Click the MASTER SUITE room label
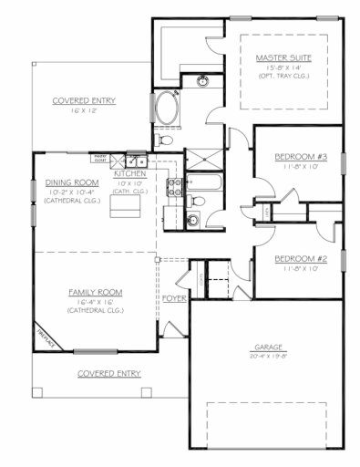click(x=283, y=57)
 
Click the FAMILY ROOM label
click(x=95, y=292)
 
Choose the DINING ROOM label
click(x=71, y=182)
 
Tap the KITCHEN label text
click(x=130, y=173)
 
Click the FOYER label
click(x=174, y=298)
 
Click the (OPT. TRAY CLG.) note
click(x=283, y=77)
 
